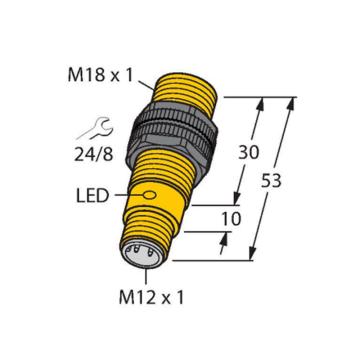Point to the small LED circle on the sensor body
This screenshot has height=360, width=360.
pos(151,194)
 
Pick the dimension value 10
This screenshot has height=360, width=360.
pos(233,217)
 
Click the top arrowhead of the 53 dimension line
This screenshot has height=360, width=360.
pos(295,100)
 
